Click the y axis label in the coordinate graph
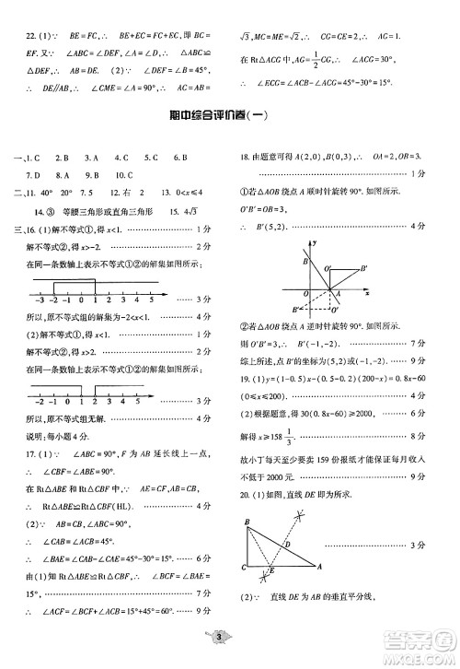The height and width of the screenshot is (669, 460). [x=314, y=242]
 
